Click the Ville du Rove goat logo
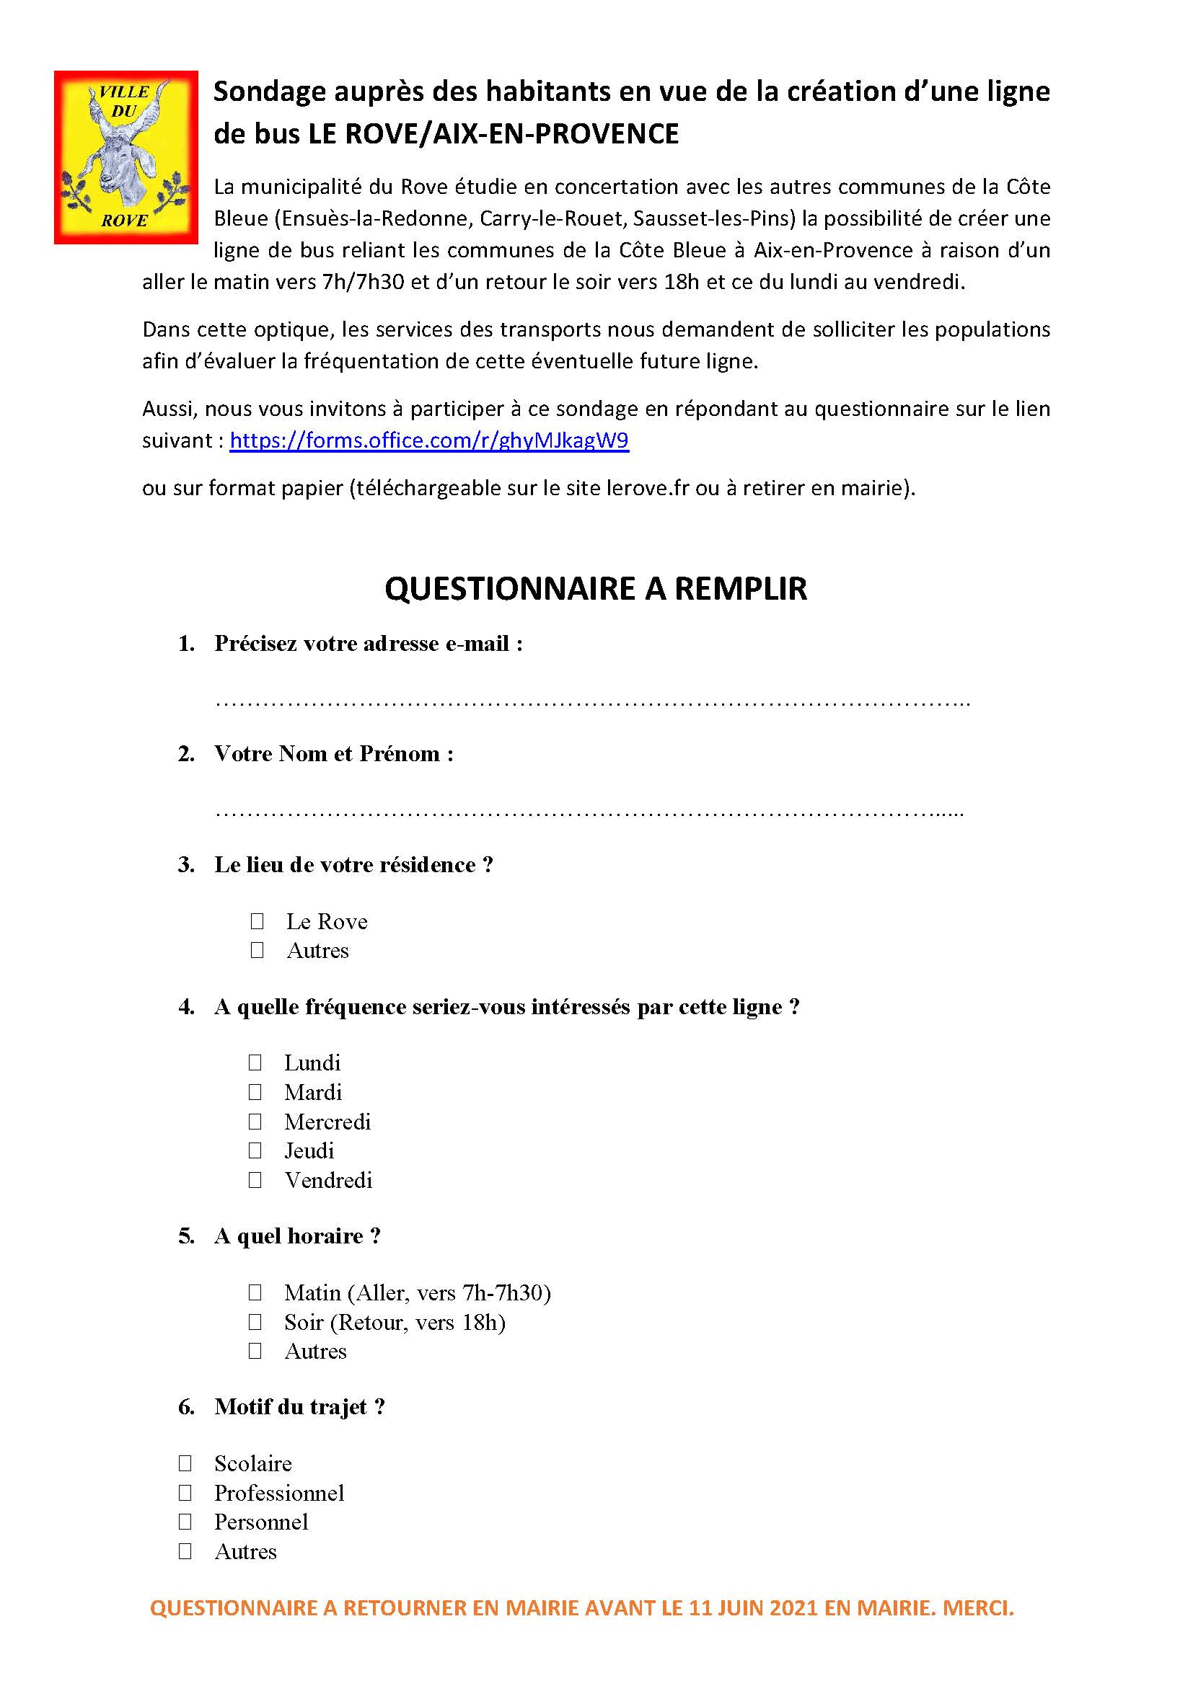(x=126, y=157)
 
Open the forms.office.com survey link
(x=429, y=440)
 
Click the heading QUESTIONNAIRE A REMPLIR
(x=596, y=588)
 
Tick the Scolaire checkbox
(x=185, y=1463)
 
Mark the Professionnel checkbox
(x=185, y=1493)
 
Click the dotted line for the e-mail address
(x=592, y=704)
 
